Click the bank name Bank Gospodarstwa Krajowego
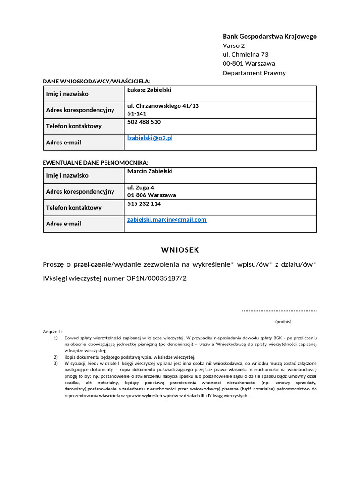[x=270, y=37]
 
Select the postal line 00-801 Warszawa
[x=248, y=63]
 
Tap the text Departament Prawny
[x=254, y=73]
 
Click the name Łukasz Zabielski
[x=150, y=90]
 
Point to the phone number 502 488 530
[x=144, y=122]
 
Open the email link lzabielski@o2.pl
[x=150, y=138]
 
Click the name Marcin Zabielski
[x=150, y=171]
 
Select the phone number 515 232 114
[x=144, y=204]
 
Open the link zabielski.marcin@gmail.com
[x=167, y=219]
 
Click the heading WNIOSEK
[x=180, y=250]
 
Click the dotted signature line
[x=279, y=310]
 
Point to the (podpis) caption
[x=283, y=322]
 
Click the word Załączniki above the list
[x=52, y=331]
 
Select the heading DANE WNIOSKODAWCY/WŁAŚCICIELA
[x=97, y=81]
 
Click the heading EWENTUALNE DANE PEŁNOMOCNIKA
[x=95, y=163]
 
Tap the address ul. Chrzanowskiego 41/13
[x=163, y=106]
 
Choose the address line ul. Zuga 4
[x=141, y=187]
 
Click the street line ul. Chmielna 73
[x=245, y=54]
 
